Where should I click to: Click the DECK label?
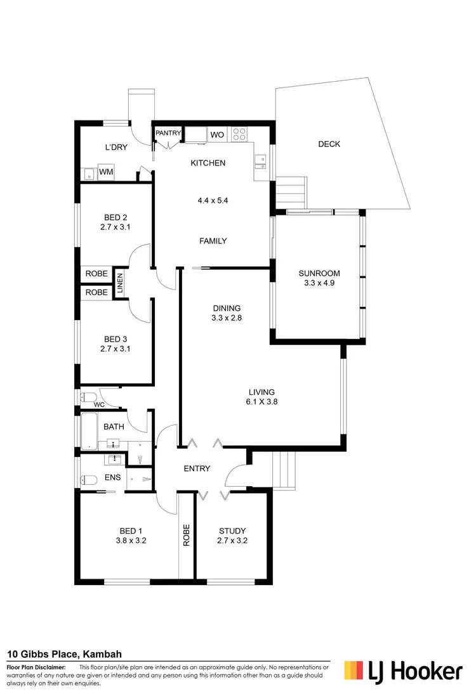[329, 145]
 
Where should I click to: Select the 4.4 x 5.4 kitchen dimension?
[212, 200]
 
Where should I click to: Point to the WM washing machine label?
[105, 172]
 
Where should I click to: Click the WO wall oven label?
[216, 134]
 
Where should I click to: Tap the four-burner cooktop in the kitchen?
[241, 134]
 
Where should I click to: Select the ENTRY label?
[197, 468]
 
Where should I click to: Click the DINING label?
[226, 309]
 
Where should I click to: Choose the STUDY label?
[232, 531]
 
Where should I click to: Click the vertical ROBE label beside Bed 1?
[187, 536]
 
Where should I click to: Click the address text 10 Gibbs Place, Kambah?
[65, 654]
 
